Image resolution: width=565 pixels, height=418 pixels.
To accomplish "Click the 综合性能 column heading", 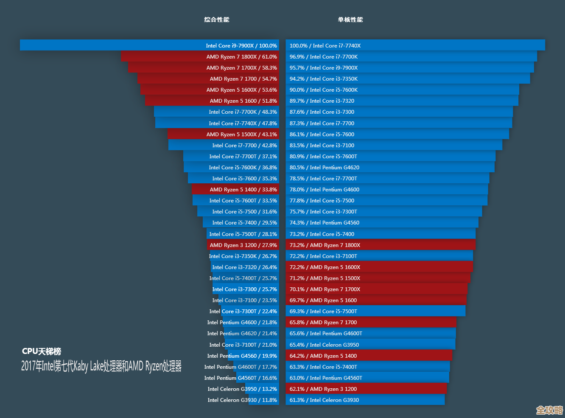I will [216, 20].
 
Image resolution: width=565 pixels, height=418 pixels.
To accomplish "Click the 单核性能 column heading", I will [350, 20].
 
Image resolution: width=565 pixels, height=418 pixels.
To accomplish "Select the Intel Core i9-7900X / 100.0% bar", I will [149, 45].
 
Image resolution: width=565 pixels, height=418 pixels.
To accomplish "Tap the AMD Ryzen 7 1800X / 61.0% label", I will [241, 56].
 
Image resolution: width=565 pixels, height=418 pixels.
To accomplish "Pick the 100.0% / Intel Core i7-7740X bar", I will [415, 45].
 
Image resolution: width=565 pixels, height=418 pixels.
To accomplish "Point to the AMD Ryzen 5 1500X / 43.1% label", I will [241, 134].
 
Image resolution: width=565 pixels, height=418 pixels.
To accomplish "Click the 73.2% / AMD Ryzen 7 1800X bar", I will [380, 245].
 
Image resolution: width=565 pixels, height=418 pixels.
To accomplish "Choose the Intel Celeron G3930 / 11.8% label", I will [242, 400].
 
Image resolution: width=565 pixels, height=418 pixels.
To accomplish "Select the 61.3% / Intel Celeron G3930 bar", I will [365, 400].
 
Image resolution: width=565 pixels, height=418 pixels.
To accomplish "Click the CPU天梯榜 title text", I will [42, 351].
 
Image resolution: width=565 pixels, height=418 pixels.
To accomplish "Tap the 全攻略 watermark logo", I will [549, 410].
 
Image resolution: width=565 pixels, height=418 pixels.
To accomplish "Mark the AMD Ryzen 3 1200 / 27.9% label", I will [243, 245].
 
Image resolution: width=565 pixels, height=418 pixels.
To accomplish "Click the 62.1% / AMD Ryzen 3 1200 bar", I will [366, 389].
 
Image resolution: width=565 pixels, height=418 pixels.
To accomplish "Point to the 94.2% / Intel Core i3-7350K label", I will [324, 79].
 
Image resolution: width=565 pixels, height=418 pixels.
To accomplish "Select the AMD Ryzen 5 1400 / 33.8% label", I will [243, 189].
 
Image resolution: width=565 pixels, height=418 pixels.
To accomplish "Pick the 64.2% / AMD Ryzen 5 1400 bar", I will [368, 356].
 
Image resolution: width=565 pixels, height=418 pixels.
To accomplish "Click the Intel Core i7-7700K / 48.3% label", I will [243, 112].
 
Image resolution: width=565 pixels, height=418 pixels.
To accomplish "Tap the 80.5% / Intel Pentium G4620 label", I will [324, 167].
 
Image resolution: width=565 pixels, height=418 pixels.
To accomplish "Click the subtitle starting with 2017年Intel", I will [101, 366].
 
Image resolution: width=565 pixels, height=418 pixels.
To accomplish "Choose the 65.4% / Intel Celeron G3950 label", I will [324, 345].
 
